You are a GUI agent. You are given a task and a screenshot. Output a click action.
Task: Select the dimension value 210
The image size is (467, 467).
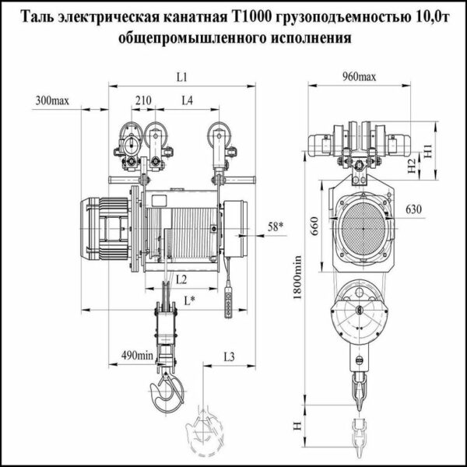pos(142,101)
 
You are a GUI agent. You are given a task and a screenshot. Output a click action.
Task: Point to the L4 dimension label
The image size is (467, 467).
pos(188,101)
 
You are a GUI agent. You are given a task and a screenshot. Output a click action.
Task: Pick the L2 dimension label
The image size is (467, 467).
pos(180,278)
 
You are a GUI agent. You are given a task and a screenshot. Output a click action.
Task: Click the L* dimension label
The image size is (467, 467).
pos(187,299)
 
